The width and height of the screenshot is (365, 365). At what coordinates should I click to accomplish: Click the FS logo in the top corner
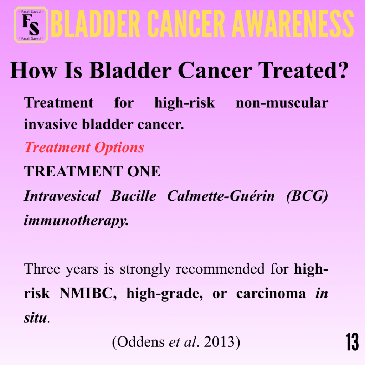pos(31,25)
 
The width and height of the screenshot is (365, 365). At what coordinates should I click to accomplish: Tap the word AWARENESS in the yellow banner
pos(293,24)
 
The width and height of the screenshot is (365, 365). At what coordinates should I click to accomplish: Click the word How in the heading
pos(33,70)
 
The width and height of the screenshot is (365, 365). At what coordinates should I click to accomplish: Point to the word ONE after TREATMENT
pos(144,171)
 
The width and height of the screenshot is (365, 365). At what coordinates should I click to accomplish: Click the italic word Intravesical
pos(62,196)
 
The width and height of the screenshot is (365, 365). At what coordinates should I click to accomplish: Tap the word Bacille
pos(134,196)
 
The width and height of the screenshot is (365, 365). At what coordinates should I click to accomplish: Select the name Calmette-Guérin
pos(221,196)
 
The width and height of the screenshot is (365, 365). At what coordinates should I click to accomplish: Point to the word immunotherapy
pos(76,220)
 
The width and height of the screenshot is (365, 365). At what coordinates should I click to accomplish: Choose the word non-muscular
pos(282,103)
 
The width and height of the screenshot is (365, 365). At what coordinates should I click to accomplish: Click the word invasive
pos(51,124)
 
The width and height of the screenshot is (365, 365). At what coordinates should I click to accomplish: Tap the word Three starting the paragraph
pos(42,269)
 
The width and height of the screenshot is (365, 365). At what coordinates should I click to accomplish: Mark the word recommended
pos(220,269)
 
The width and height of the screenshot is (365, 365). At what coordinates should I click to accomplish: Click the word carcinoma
pos(271,294)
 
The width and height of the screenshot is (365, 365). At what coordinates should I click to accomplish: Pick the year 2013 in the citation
pos(219,342)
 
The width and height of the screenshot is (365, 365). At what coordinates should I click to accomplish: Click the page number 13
pos(352,342)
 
